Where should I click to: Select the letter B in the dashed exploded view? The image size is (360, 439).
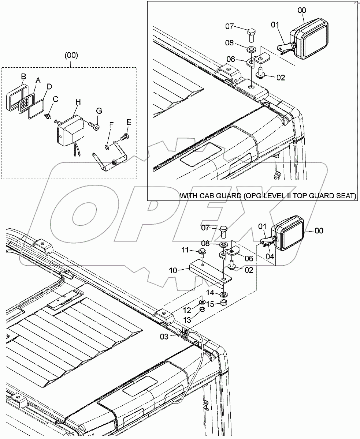23,76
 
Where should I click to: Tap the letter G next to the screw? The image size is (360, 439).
99,110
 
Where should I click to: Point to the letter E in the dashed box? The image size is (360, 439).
128,122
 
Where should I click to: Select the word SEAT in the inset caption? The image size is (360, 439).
346,196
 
